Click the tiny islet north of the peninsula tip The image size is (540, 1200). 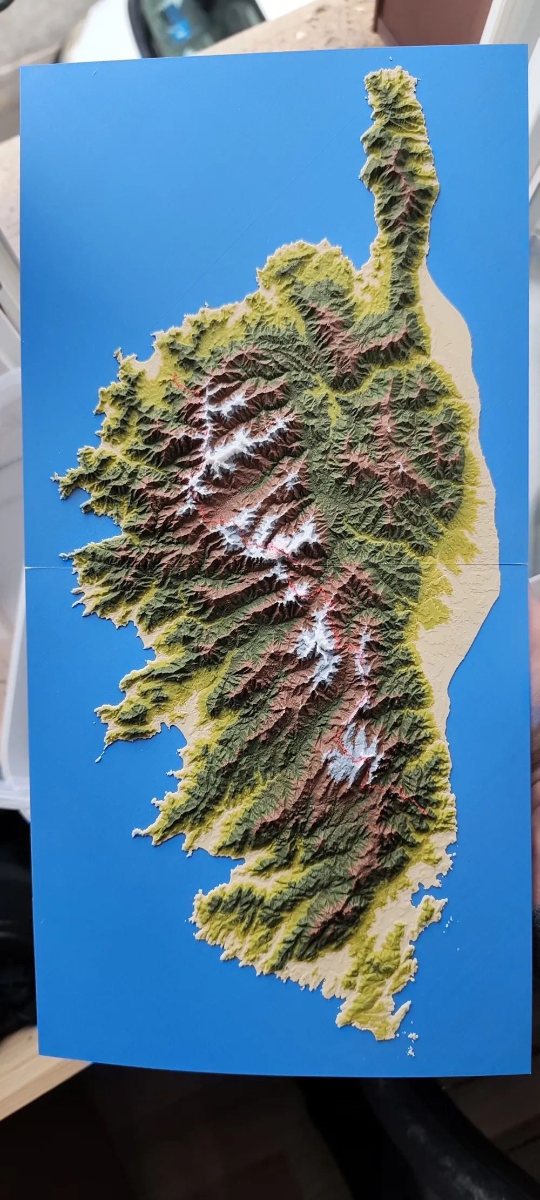[x=389, y=58]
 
